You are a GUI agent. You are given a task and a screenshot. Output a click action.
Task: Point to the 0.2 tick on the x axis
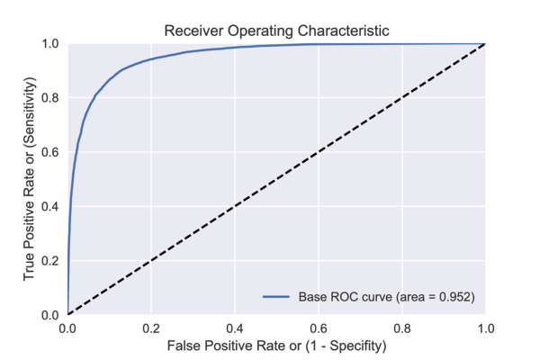[x=151, y=328]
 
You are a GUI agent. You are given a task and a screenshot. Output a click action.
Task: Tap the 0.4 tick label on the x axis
[x=235, y=328]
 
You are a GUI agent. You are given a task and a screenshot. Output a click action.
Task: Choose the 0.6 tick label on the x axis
[x=319, y=328]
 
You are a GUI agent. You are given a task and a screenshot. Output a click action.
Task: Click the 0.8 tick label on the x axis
[x=402, y=328]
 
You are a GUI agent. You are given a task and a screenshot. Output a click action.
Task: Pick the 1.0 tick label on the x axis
[x=485, y=328]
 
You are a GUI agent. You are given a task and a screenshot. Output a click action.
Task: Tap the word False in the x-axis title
[x=182, y=346]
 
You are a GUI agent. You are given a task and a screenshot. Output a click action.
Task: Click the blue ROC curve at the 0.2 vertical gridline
[x=151, y=58]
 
